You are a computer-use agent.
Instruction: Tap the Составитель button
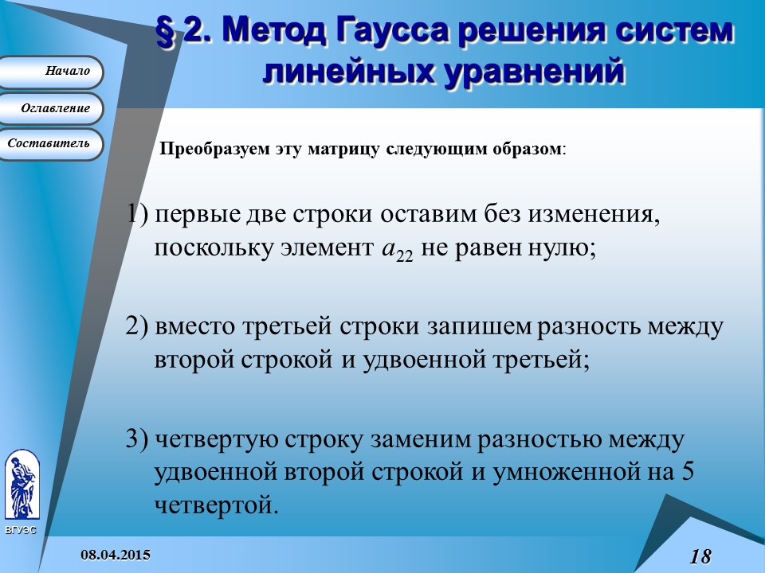tap(51, 143)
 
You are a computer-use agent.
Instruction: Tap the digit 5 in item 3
tap(688, 471)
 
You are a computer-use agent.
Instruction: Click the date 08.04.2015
tap(118, 554)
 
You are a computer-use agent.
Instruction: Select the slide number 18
tap(700, 556)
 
